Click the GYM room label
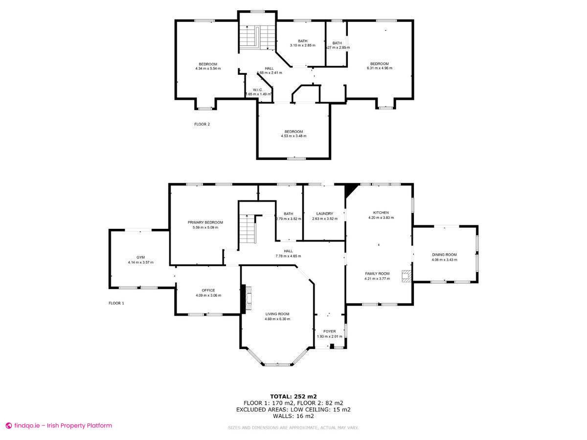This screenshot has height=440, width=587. tap(140, 257)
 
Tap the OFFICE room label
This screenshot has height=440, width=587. tap(208, 290)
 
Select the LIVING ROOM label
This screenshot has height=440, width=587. tap(277, 314)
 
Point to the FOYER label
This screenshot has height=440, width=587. tap(329, 331)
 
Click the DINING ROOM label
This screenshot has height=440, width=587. tap(444, 255)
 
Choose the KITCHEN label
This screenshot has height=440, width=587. tap(381, 213)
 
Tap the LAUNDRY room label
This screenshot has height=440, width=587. tap(325, 214)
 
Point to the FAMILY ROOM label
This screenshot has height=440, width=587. tap(377, 274)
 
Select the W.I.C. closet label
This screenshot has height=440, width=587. tap(258, 89)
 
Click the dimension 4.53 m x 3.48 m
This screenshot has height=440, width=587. tap(293, 136)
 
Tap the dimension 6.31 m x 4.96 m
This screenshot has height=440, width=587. tap(380, 68)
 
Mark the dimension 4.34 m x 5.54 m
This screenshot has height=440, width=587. tap(208, 68)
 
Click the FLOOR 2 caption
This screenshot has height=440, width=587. tap(202, 124)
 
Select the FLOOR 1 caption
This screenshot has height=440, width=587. tap(116, 303)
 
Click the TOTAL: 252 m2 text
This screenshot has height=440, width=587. tap(293, 396)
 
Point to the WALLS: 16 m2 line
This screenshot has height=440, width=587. tap(293, 416)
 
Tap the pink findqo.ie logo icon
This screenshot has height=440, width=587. tap(8, 426)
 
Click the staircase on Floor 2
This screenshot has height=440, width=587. tap(257, 36)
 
